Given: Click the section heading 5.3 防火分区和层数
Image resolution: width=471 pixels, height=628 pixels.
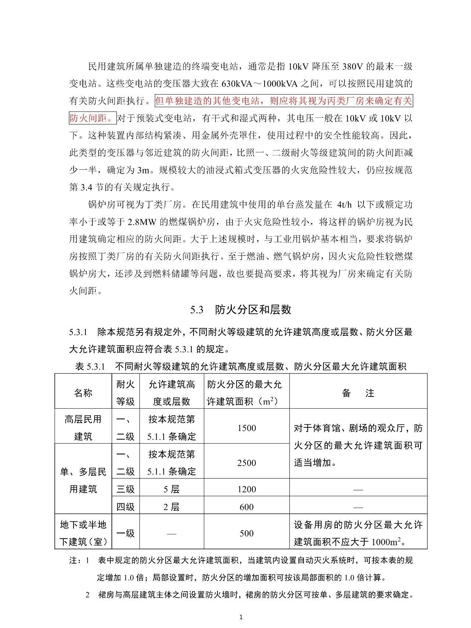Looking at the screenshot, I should pyautogui.click(x=241, y=310).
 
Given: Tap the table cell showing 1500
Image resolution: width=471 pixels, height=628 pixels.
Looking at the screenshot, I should pyautogui.click(x=247, y=428).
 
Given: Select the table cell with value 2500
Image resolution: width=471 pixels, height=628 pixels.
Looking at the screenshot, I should pyautogui.click(x=247, y=463).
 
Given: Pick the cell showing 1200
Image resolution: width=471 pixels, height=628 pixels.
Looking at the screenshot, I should pyautogui.click(x=247, y=489).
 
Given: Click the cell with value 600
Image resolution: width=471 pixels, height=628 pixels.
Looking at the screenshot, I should pyautogui.click(x=247, y=507).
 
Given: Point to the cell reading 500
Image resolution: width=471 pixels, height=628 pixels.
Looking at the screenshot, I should pyautogui.click(x=247, y=533).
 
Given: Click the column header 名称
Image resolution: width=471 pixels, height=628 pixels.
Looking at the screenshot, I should pyautogui.click(x=83, y=393).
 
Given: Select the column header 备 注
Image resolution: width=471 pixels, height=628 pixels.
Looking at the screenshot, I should pyautogui.click(x=358, y=393).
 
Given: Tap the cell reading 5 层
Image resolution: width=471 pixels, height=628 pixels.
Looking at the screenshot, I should pyautogui.click(x=171, y=489).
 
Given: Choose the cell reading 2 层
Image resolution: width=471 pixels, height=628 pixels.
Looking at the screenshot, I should pyautogui.click(x=171, y=507).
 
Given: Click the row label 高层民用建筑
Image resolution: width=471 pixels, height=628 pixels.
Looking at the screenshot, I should pyautogui.click(x=83, y=428).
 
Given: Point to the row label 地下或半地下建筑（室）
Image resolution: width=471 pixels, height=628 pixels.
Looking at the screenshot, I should pyautogui.click(x=83, y=533).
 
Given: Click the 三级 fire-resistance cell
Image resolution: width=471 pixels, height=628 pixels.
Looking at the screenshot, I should pyautogui.click(x=125, y=489).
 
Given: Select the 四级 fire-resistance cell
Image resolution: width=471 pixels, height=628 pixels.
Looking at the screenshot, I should pyautogui.click(x=125, y=507).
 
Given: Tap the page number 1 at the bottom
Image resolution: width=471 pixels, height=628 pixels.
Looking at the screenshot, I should pyautogui.click(x=241, y=617).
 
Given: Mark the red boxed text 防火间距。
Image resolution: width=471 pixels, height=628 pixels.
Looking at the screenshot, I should pyautogui.click(x=93, y=118).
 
